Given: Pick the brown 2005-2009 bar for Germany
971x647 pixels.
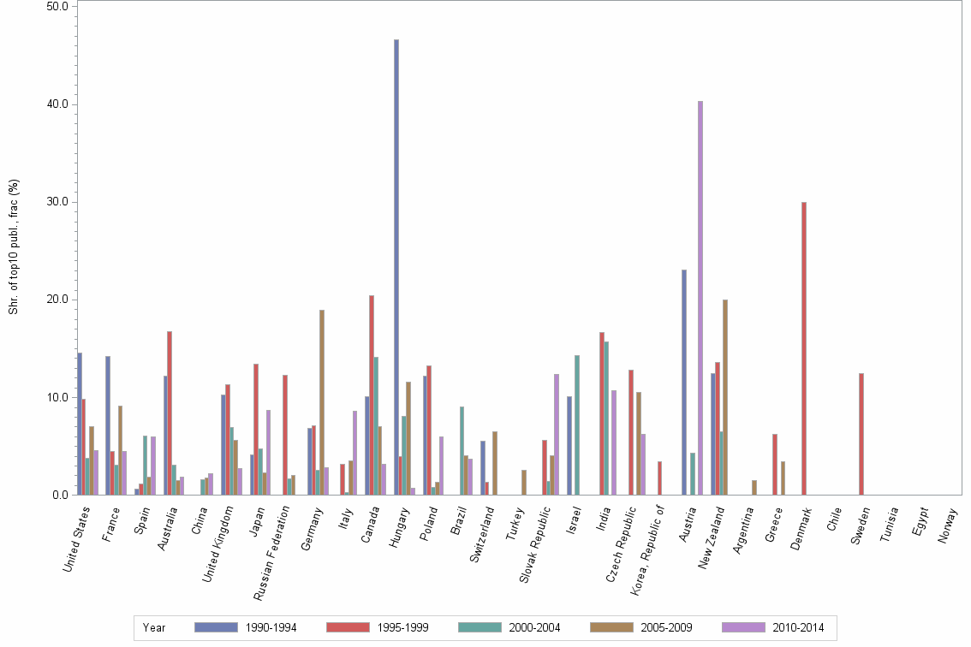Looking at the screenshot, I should point(322,402).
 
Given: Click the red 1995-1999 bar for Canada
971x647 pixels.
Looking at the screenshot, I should point(372,395).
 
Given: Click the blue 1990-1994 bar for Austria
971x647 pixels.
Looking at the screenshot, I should point(684,382).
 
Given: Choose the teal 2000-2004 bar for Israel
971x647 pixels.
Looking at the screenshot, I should point(577,424).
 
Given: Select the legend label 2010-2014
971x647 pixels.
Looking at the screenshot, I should point(797,628).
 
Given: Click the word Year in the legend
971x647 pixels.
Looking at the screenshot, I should point(154,628).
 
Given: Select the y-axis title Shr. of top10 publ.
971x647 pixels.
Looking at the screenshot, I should point(13,246).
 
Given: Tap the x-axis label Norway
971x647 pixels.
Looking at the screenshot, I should point(948,525).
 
